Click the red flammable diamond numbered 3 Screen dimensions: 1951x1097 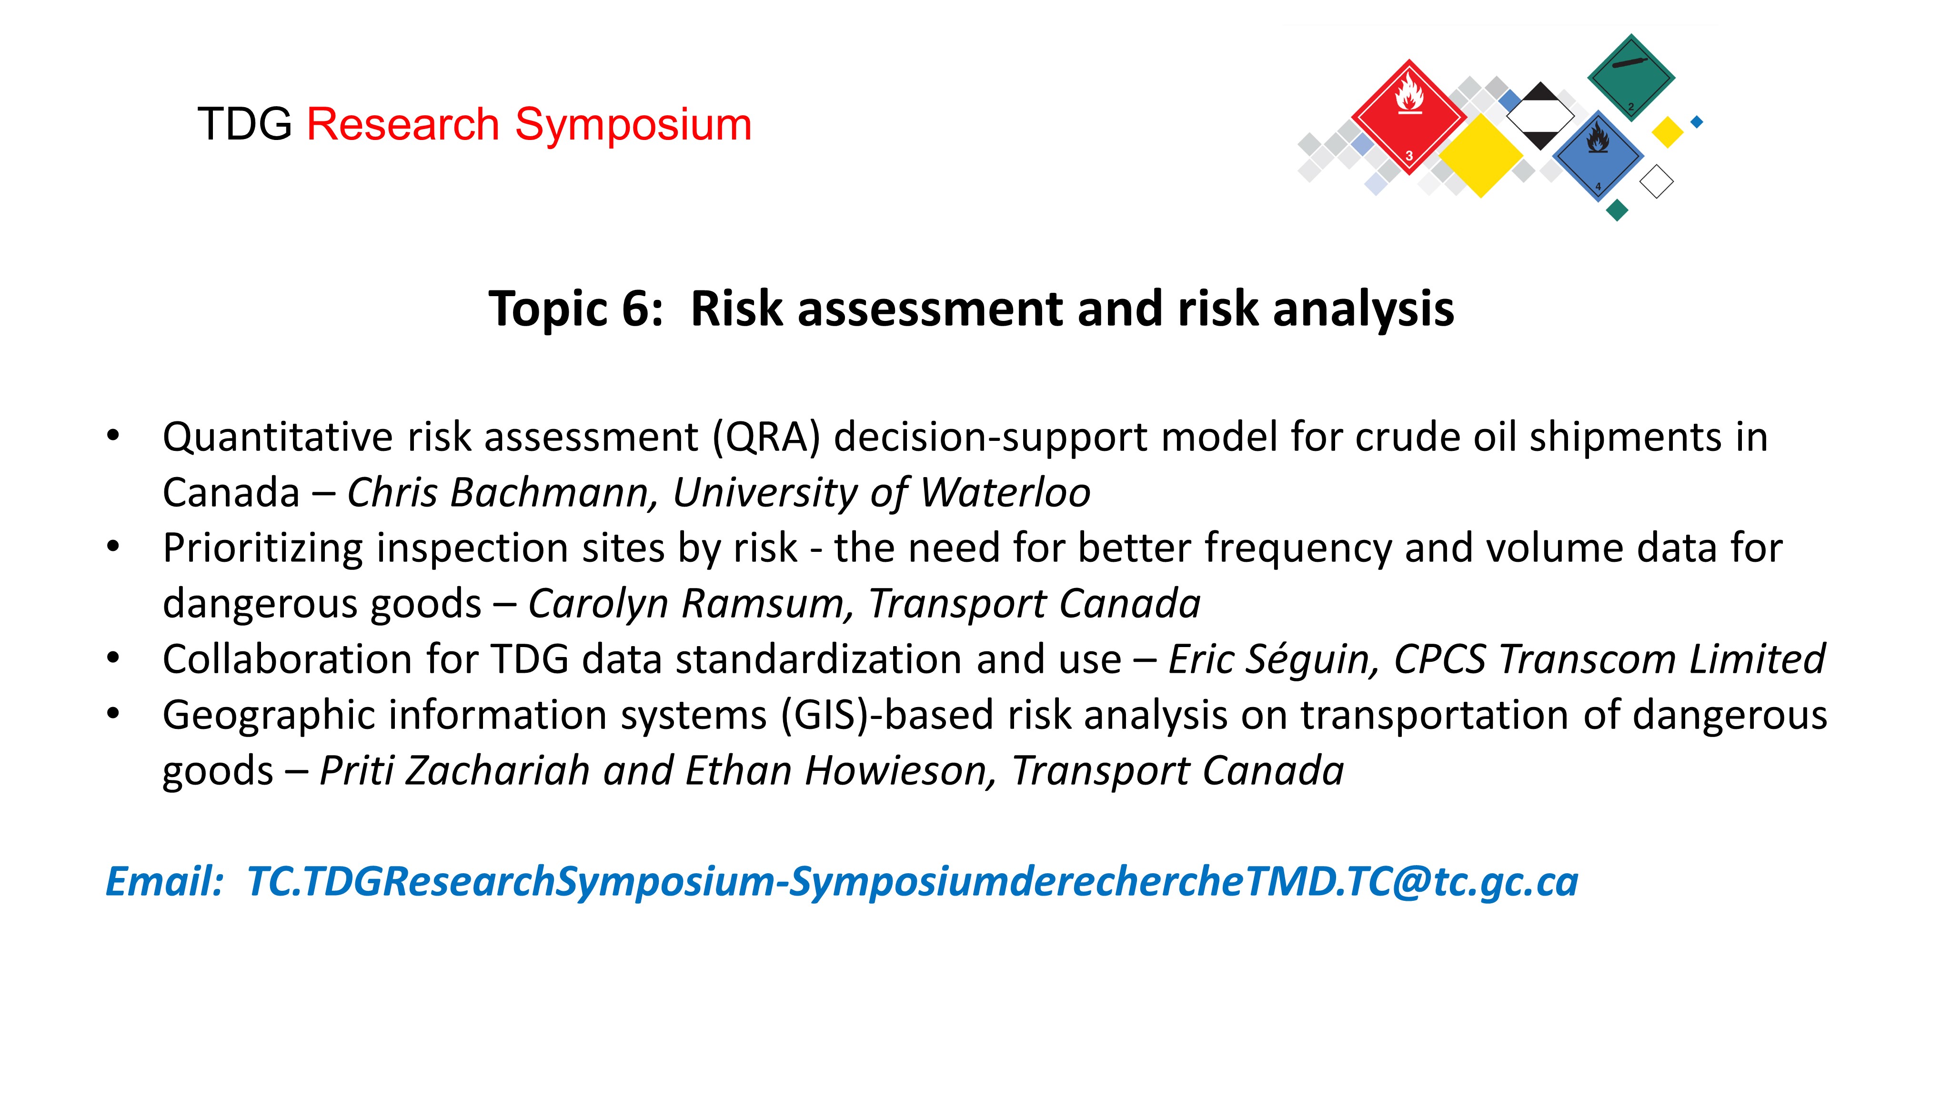pos(1409,117)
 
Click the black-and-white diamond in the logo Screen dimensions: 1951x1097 pos(1540,116)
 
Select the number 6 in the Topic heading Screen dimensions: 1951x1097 pos(636,309)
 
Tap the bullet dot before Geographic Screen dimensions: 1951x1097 pos(114,714)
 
